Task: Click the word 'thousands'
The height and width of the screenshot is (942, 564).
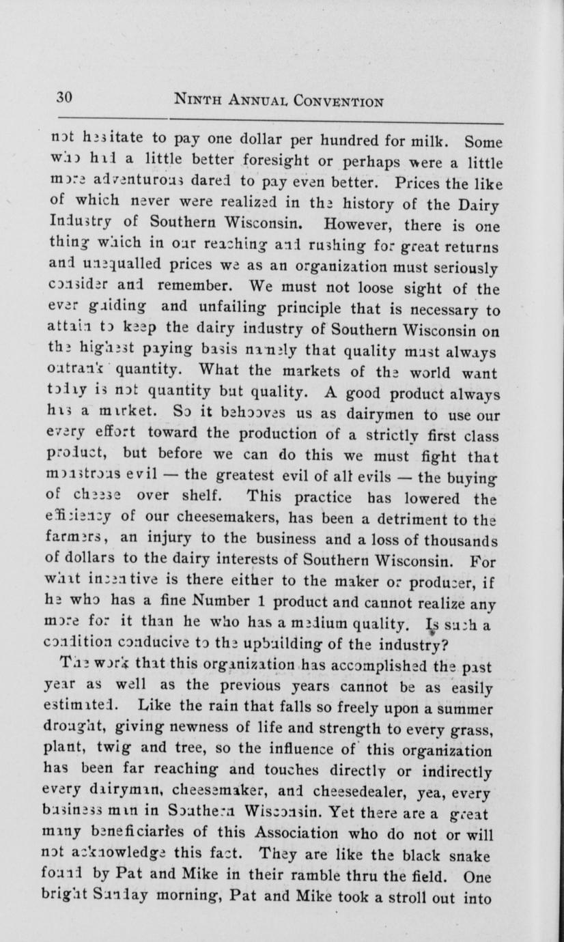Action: point(464,522)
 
